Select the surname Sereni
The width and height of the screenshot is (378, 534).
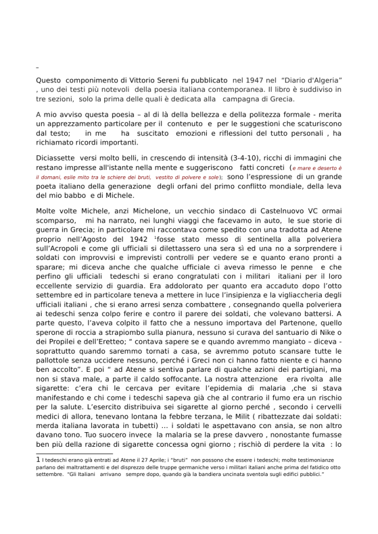[x=158, y=80]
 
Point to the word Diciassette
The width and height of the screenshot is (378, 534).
[x=57, y=158]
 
